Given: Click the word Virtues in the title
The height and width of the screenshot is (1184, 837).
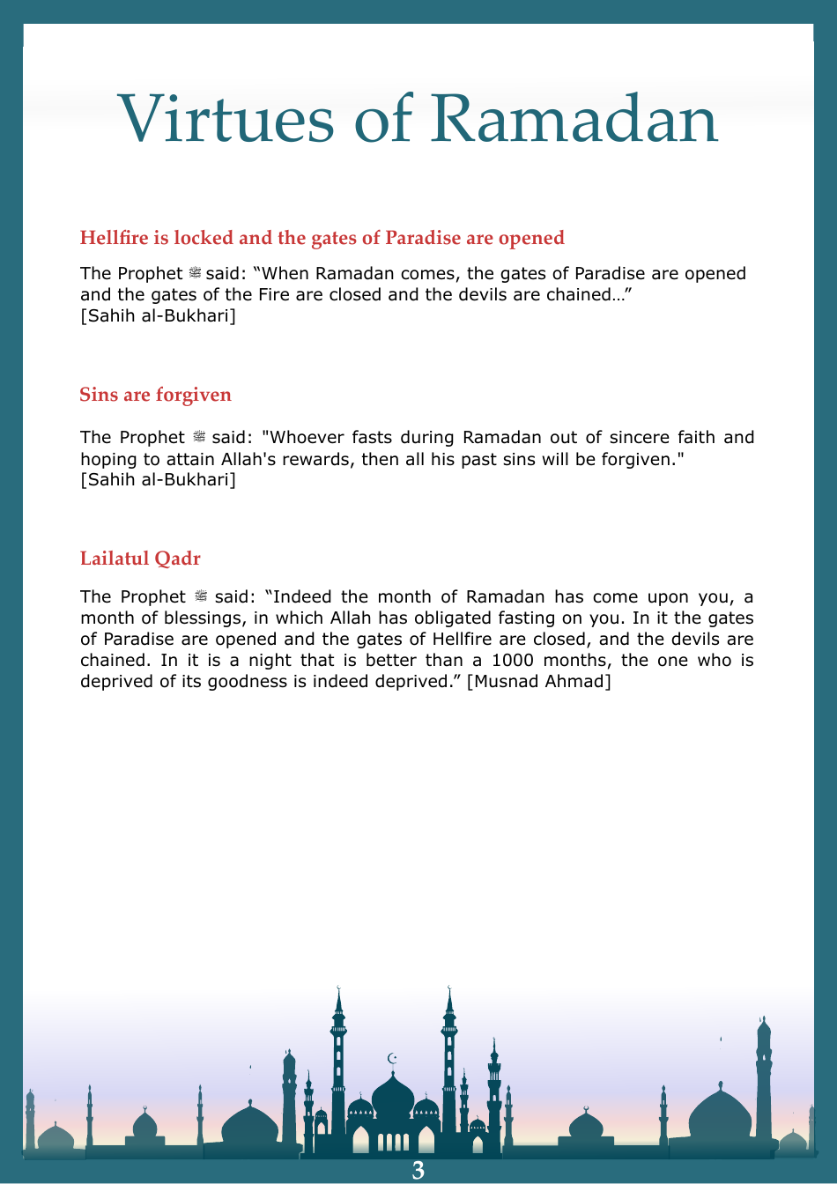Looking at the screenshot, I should pos(225,119).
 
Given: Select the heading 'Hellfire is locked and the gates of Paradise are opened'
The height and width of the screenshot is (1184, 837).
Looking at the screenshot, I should pos(322,238).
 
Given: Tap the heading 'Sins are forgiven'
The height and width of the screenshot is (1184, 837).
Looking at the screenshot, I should pos(155,395).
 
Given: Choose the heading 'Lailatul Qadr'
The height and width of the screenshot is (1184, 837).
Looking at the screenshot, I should pos(140,559).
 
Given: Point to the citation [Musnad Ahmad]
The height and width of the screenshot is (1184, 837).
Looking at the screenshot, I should pos(538,681).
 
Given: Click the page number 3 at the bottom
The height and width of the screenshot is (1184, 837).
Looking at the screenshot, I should pos(418,1170).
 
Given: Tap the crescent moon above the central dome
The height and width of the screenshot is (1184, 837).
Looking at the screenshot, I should pos(393,1058).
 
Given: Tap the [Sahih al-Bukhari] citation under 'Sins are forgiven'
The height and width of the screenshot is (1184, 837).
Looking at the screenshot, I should pos(158,480).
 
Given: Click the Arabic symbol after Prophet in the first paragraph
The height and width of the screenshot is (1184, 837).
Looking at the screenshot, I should pos(195,274).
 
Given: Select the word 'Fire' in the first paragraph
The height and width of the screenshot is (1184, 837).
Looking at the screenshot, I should pos(274,294).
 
